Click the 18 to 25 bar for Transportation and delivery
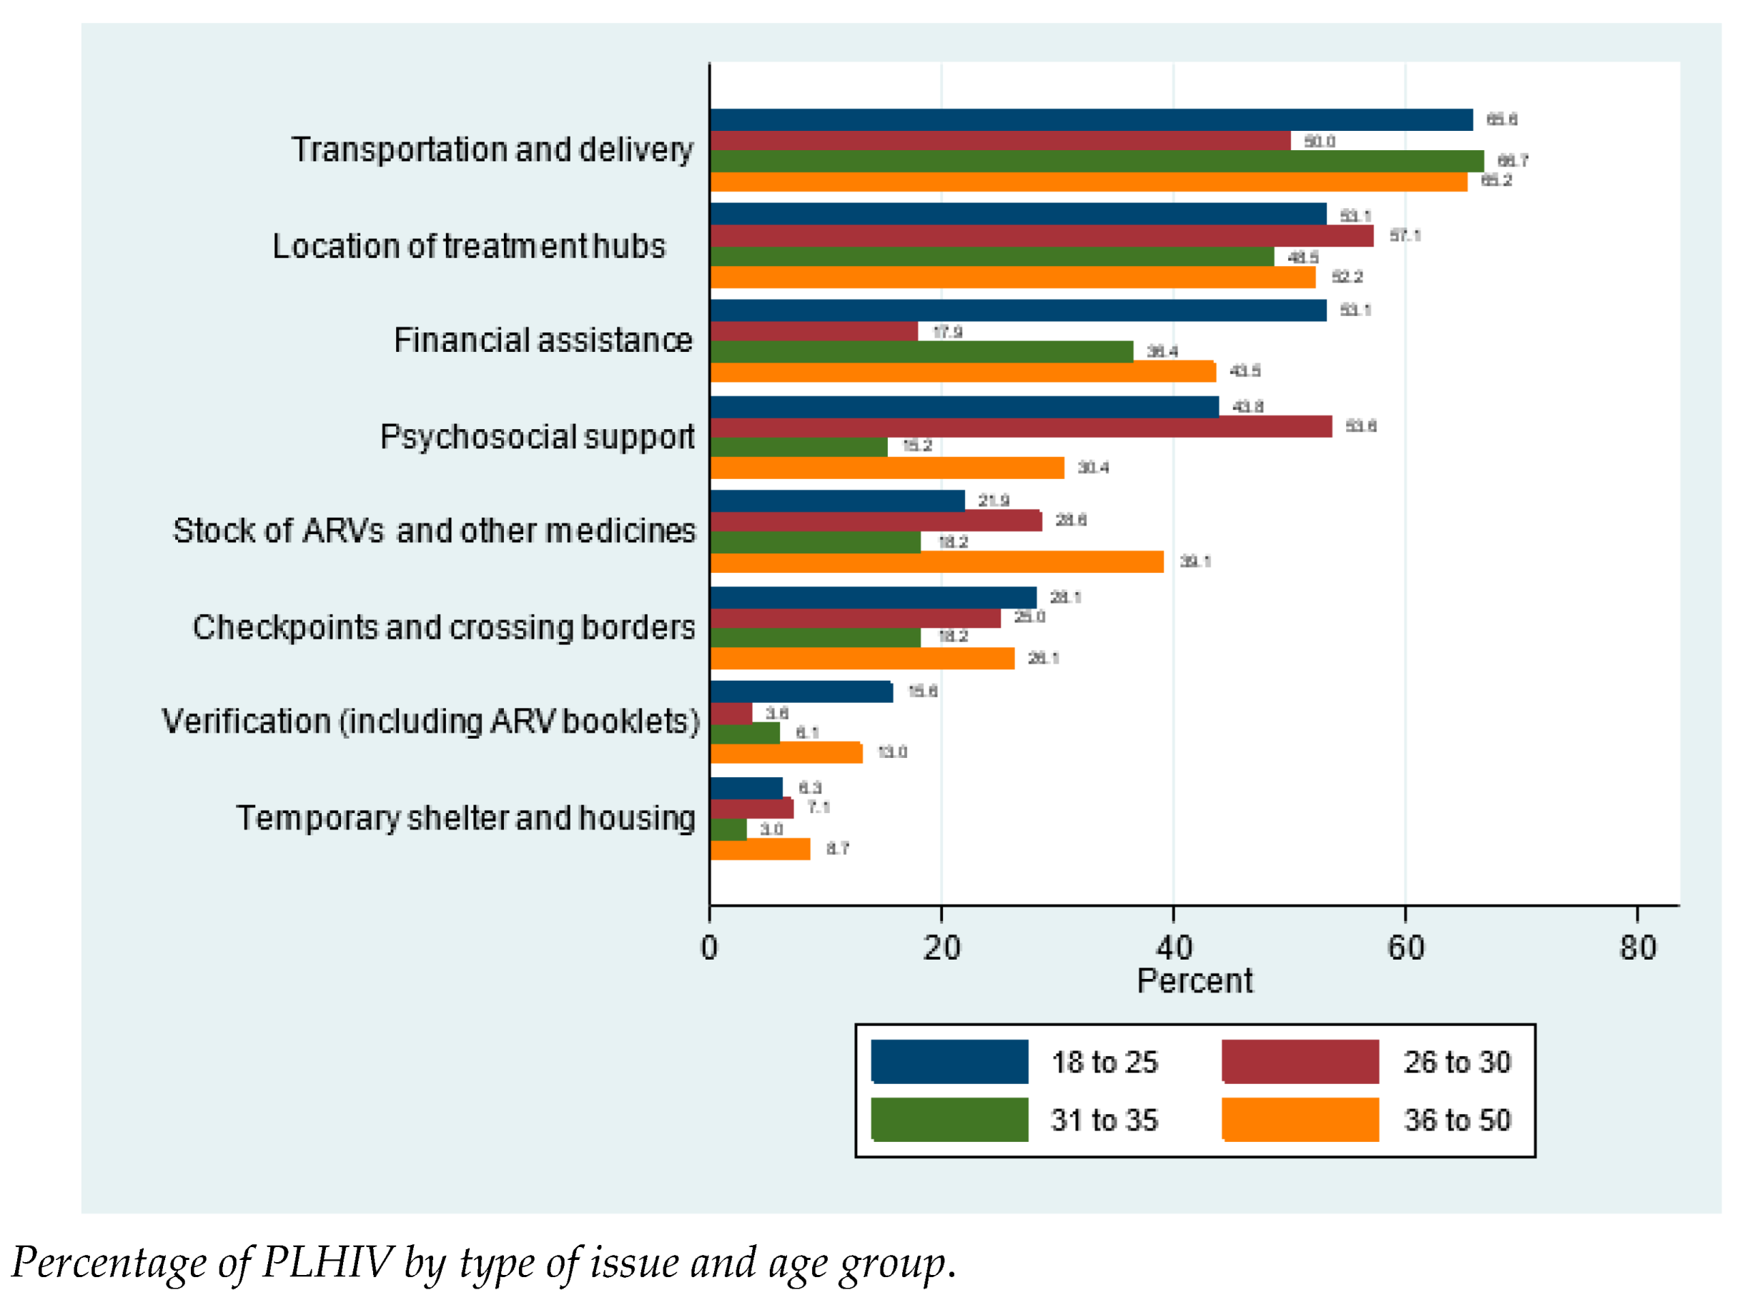1091,119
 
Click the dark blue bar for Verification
801,692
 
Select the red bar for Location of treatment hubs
1041,236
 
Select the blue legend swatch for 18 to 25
949,1062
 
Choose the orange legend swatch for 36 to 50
1300,1119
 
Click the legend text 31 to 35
1104,1120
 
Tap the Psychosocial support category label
537,437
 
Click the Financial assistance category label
543,340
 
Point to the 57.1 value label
1405,235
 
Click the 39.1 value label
1195,561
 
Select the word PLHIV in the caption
326,1262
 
